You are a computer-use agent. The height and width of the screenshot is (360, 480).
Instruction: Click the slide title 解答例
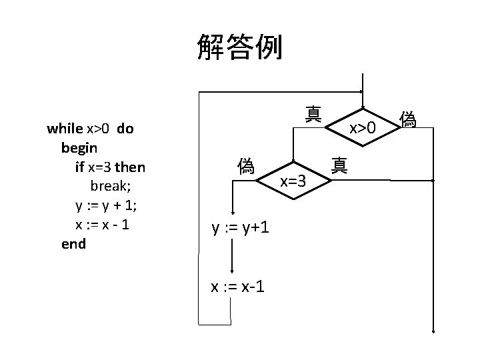coord(240,47)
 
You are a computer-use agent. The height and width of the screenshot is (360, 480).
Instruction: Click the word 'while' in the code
coord(65,129)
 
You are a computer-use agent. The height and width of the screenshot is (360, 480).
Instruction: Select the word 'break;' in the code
coord(115,186)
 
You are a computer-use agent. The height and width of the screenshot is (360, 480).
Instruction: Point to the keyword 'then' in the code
coord(130,167)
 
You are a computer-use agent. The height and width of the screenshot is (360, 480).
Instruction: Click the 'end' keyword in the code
coord(73,244)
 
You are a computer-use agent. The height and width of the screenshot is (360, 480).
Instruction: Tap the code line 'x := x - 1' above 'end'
coord(103,225)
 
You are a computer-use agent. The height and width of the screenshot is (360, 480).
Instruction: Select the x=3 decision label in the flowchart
coord(293,181)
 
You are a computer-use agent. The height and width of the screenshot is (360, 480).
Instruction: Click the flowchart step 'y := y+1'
coord(241,228)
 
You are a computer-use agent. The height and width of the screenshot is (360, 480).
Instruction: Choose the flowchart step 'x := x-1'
coord(237,287)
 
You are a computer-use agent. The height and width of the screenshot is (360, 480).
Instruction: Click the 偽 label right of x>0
coord(408,119)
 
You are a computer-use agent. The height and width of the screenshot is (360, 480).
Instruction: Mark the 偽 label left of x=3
coord(245,165)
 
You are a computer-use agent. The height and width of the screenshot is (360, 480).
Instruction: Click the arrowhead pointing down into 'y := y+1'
coord(232,209)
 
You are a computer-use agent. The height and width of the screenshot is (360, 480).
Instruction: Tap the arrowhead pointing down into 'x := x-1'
coord(232,269)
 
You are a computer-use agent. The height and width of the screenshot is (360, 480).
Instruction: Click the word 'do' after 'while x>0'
coord(125,129)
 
